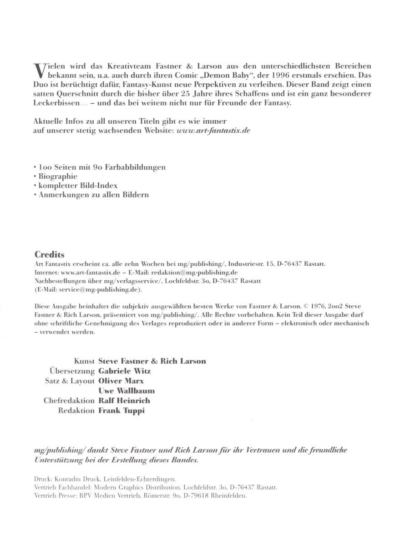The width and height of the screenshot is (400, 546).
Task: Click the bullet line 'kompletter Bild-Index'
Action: (x=78, y=185)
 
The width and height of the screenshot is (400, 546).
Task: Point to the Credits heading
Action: (x=50, y=255)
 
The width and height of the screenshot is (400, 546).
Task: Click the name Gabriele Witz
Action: (x=124, y=371)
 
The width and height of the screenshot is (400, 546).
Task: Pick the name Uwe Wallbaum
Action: (x=127, y=391)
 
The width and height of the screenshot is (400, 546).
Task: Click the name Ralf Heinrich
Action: (x=124, y=401)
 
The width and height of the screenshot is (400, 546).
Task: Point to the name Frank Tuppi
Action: (x=122, y=410)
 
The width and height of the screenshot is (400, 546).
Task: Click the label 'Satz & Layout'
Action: (x=70, y=381)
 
